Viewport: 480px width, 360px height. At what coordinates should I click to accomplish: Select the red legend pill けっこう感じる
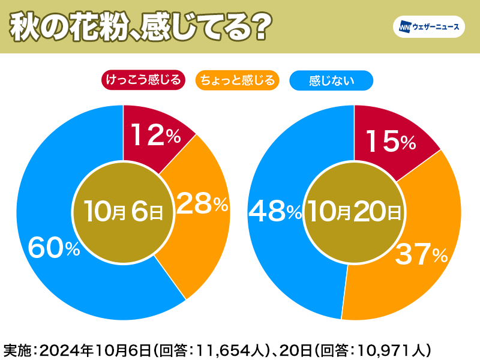pyautogui.click(x=143, y=80)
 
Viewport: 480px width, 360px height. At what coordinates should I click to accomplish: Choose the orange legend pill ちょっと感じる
pyautogui.click(x=238, y=80)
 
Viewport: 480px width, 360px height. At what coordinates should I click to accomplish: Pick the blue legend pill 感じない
pyautogui.click(x=331, y=80)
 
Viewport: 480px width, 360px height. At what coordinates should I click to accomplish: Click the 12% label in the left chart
pyautogui.click(x=155, y=137)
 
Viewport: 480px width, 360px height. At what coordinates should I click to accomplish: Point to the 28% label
pyautogui.click(x=203, y=205)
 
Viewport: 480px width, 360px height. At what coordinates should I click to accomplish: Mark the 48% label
pyautogui.click(x=275, y=211)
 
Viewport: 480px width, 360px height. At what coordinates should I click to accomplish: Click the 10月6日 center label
pyautogui.click(x=124, y=212)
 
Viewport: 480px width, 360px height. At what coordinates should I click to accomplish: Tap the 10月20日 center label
pyautogui.click(x=354, y=212)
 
